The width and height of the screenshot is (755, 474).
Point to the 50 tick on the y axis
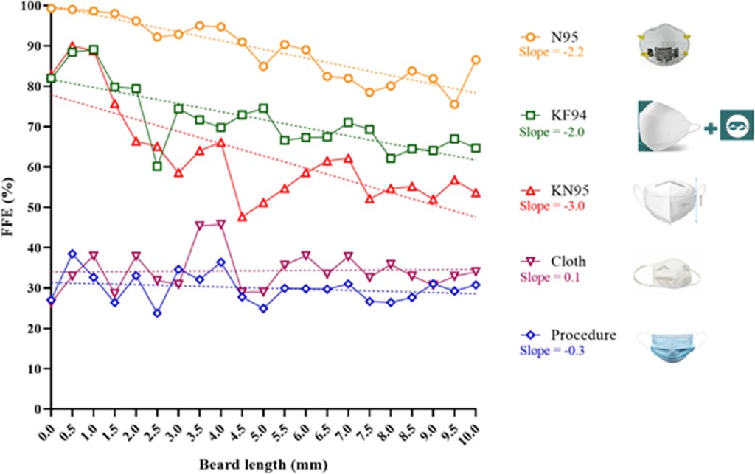pos(33,207)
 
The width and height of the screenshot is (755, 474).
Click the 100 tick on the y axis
pos(31,6)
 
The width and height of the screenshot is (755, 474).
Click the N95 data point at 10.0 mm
pos(476,60)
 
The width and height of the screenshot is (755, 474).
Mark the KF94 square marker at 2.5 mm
pos(157,166)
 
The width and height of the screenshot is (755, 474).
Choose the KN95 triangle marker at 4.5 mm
pos(242,217)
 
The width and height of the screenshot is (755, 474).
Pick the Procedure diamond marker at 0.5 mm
pos(72,254)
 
